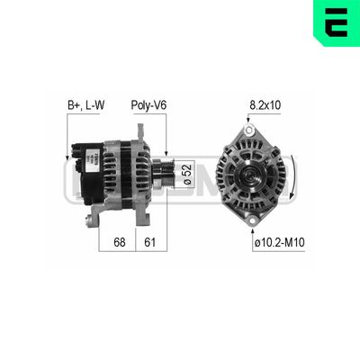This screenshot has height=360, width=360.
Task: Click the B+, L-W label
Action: (86, 105)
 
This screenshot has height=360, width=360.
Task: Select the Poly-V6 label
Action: (148, 105)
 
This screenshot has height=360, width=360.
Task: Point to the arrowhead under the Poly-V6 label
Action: (166, 152)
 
